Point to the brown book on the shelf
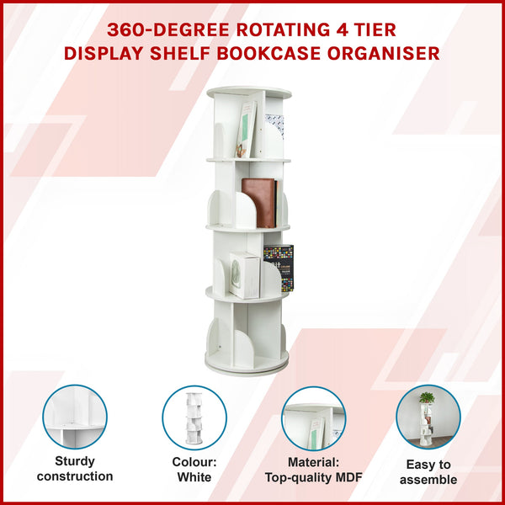(x=258, y=202)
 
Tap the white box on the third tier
(x=244, y=274)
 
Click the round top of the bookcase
(x=248, y=92)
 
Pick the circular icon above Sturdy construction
(x=75, y=417)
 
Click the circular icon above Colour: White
(x=194, y=417)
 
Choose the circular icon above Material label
(x=313, y=418)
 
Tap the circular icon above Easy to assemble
(x=428, y=417)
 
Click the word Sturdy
(x=75, y=461)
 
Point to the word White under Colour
(x=194, y=476)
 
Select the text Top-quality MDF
(x=313, y=476)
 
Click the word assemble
(x=428, y=480)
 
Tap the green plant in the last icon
(x=427, y=398)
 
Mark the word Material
(x=312, y=461)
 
